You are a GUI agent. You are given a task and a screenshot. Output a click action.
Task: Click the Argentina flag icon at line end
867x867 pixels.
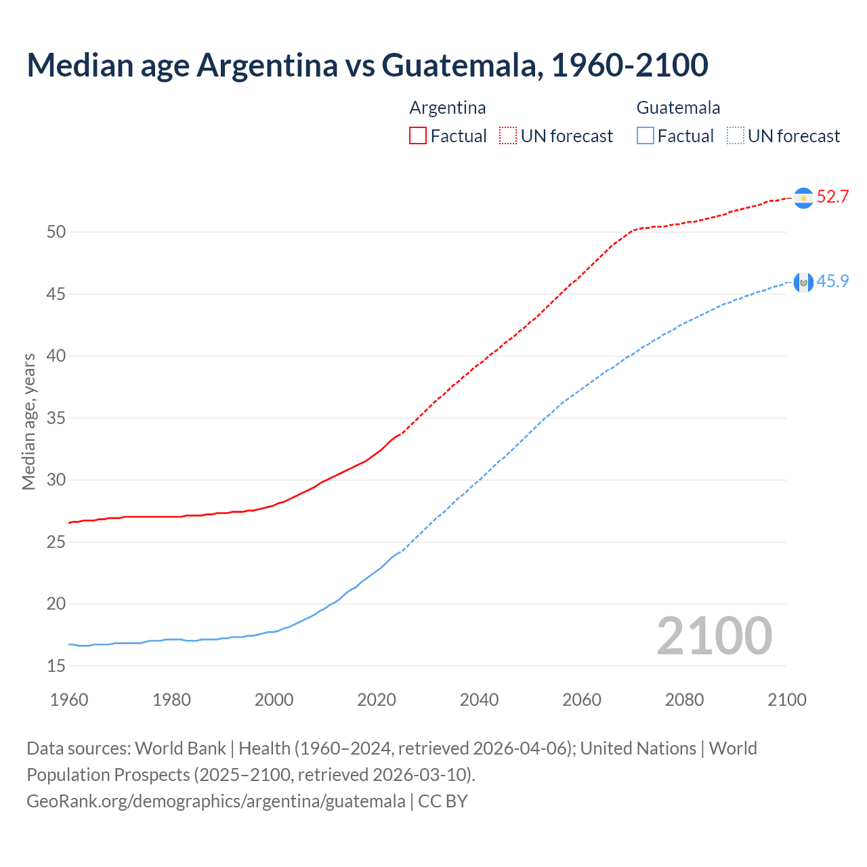click(803, 197)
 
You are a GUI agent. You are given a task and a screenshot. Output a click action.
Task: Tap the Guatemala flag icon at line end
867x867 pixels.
click(803, 282)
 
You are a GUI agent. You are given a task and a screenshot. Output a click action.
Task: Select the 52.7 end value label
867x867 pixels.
click(832, 197)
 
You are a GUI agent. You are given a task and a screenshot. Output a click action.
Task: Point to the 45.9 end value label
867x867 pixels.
click(832, 282)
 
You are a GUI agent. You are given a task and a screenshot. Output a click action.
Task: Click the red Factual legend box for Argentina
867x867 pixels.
click(418, 136)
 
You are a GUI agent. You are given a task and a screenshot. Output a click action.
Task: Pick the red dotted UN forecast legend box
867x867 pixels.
click(508, 136)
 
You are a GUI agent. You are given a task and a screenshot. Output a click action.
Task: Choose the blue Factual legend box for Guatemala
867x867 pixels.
click(646, 136)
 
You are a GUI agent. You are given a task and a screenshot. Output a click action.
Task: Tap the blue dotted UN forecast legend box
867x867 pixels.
click(735, 136)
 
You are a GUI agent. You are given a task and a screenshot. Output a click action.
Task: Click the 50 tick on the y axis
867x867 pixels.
click(56, 232)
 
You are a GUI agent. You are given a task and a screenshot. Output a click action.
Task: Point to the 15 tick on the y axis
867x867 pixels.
click(56, 667)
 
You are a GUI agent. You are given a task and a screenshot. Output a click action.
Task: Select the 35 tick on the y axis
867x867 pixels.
click(56, 419)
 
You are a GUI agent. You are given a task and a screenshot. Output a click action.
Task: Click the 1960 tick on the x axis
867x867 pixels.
click(69, 700)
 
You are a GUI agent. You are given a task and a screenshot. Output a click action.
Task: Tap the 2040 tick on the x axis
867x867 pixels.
click(479, 700)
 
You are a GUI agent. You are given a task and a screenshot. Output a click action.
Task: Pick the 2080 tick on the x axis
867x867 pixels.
click(684, 700)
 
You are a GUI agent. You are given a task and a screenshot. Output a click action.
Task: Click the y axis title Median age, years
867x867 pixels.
click(28, 421)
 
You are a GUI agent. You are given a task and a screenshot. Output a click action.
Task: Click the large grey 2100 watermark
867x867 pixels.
click(714, 636)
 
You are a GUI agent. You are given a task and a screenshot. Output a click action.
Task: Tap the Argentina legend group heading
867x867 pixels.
click(448, 108)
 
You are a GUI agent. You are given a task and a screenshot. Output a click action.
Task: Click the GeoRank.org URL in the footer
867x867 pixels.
click(215, 801)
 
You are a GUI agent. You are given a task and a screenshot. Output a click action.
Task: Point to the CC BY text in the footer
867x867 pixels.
click(443, 801)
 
